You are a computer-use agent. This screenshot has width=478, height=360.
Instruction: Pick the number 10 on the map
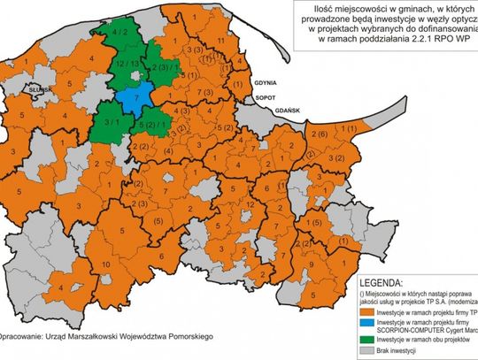(x=106, y=265)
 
